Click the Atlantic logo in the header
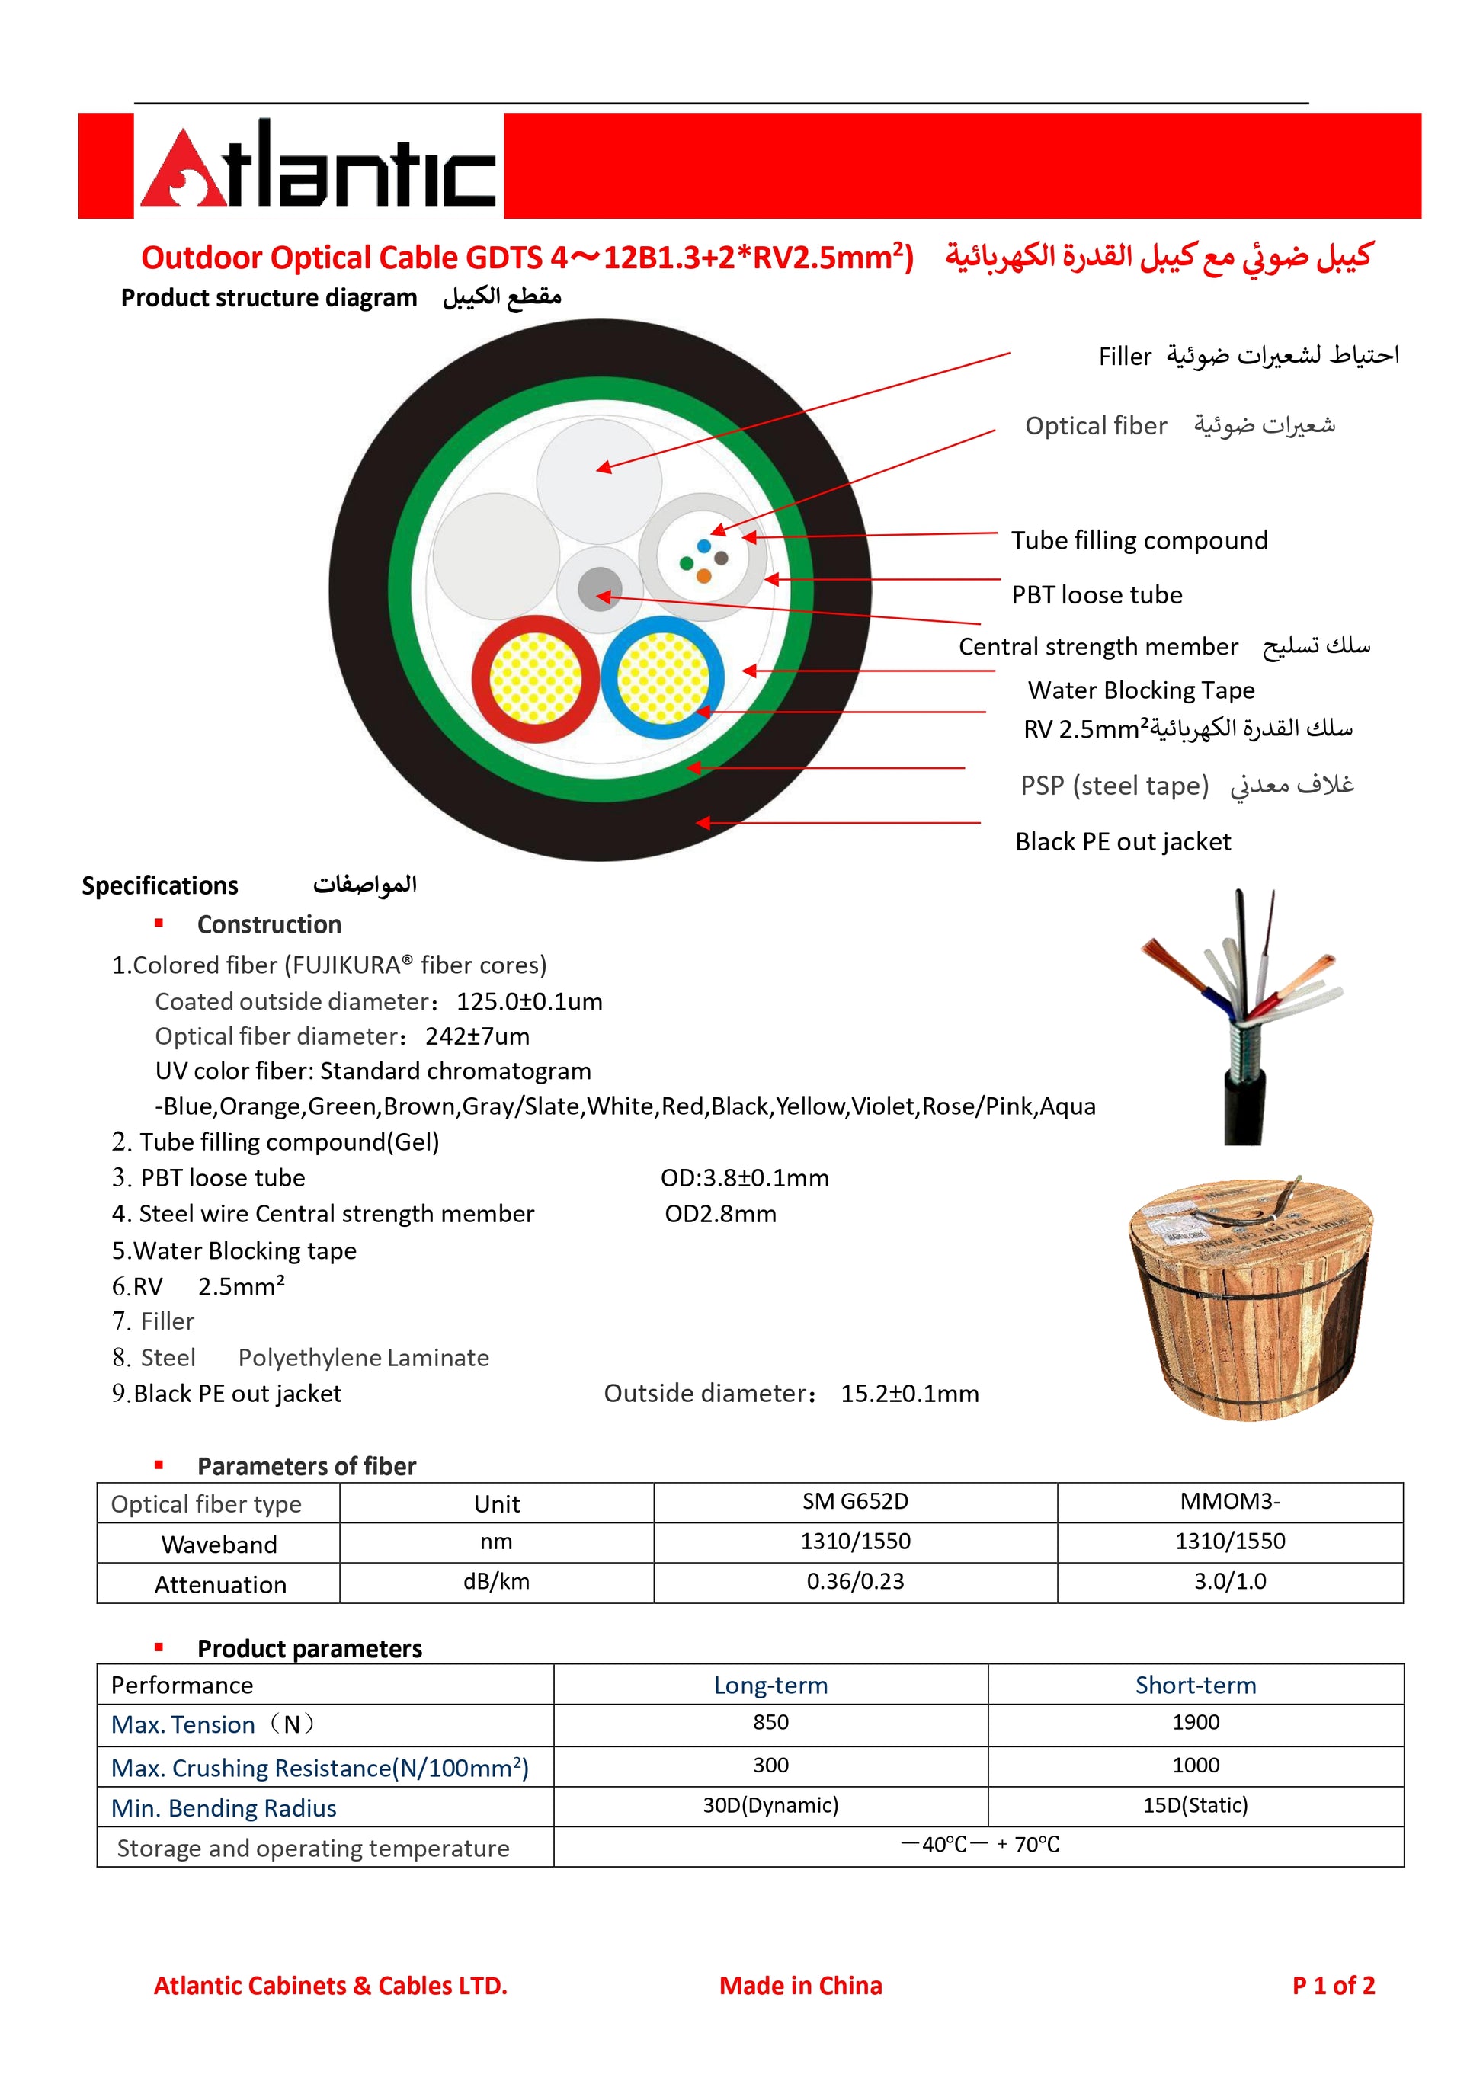[x=318, y=166]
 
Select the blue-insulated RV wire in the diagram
[x=662, y=677]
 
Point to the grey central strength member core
[x=600, y=588]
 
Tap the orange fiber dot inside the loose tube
[x=703, y=576]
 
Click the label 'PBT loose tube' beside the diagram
[x=1096, y=594]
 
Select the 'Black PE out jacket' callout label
[x=1123, y=841]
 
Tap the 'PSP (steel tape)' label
[x=1114, y=786]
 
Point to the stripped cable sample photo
[x=1242, y=1013]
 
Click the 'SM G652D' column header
[x=855, y=1502]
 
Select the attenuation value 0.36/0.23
[x=855, y=1581]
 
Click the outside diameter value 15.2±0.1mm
[x=909, y=1393]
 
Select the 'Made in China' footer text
[x=800, y=1986]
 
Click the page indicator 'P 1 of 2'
[x=1333, y=1986]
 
